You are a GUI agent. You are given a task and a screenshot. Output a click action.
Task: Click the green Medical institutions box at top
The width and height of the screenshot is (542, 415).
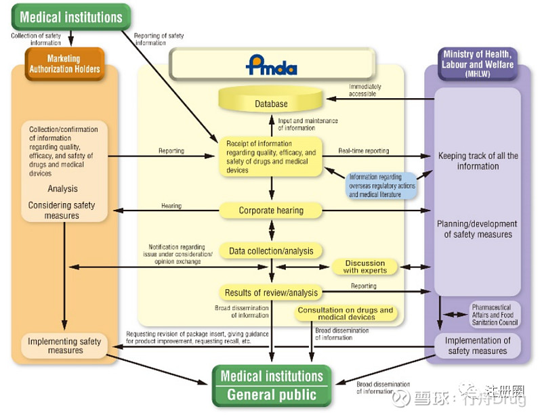coord(71,16)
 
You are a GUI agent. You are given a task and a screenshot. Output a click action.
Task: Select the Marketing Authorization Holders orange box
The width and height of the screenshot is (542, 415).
coord(64,64)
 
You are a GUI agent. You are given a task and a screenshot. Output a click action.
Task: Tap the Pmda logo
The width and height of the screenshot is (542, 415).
coord(271,65)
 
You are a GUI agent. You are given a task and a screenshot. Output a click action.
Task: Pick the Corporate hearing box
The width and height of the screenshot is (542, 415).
coord(271,211)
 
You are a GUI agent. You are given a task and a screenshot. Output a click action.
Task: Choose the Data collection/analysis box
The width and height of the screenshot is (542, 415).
coord(271,251)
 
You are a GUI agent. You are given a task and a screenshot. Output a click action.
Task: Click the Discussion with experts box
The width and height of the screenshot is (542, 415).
coord(364,267)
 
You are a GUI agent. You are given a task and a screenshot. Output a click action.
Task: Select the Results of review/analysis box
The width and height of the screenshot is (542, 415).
coord(271,292)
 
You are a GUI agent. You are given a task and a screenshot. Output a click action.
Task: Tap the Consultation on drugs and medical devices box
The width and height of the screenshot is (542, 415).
coord(346,313)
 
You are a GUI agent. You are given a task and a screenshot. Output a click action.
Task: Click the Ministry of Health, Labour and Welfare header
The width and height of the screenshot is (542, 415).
coord(478,64)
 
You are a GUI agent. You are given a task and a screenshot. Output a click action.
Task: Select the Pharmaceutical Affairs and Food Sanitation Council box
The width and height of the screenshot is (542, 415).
coord(495,314)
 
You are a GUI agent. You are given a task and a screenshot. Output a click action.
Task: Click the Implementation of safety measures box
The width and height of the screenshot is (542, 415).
coord(478,345)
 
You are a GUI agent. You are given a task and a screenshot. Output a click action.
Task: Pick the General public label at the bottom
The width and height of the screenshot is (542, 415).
coord(272,395)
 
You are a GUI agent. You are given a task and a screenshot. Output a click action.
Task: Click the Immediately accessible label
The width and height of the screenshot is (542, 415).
coord(365,91)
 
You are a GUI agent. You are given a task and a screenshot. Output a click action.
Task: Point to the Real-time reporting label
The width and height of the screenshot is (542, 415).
coord(364,151)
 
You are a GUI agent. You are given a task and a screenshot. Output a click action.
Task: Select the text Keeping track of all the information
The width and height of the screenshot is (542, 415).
coord(478,161)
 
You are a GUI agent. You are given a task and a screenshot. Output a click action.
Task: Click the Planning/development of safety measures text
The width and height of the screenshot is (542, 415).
coord(478,229)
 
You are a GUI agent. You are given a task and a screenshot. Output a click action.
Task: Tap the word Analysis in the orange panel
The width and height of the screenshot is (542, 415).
coord(62,189)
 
